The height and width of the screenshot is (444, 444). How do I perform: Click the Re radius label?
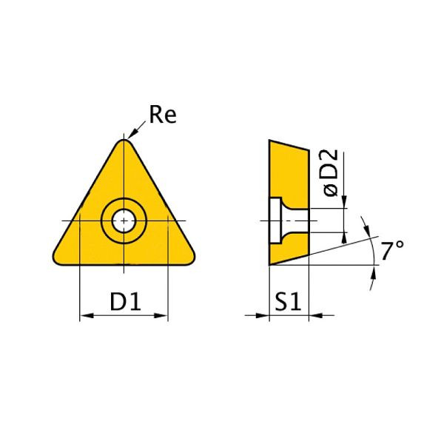[163, 115]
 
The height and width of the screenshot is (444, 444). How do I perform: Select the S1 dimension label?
[286, 301]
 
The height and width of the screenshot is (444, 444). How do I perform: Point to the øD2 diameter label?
[331, 172]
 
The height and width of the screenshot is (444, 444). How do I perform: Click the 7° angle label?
[393, 251]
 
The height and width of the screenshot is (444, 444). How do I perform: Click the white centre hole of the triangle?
[123, 220]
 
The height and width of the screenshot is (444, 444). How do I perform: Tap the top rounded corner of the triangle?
[123, 144]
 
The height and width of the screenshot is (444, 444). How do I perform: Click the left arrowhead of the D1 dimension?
[84, 316]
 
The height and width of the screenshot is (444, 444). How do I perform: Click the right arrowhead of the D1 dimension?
[163, 316]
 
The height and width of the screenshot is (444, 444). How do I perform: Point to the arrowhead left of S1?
[262, 316]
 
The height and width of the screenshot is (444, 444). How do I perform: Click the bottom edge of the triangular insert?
[123, 264]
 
